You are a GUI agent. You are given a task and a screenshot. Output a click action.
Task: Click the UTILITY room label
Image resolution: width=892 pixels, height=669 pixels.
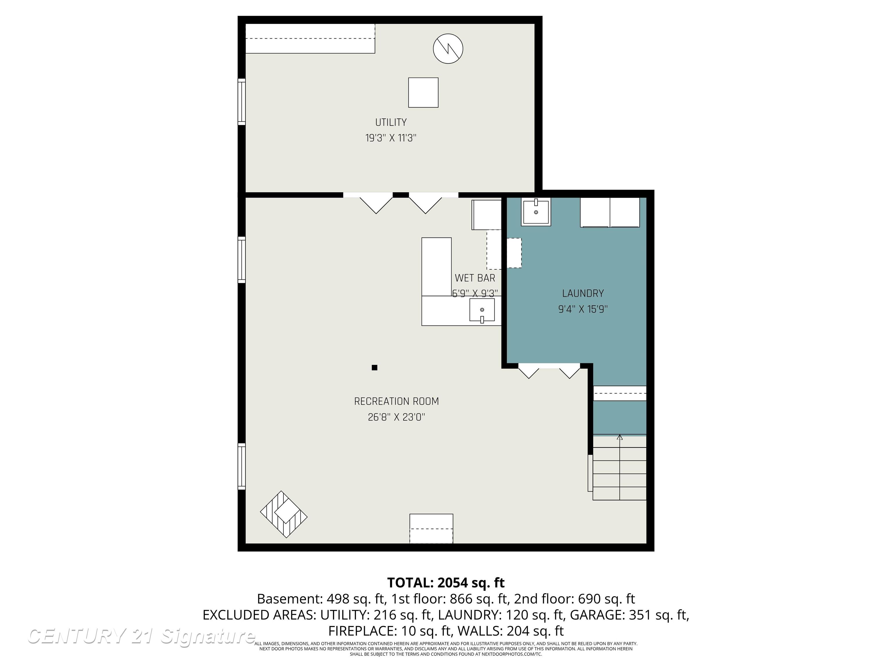(x=391, y=122)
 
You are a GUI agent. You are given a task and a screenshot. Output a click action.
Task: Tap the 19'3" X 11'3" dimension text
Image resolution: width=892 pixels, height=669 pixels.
(x=391, y=138)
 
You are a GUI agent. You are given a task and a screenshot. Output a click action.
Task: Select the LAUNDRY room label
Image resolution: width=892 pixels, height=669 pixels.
(x=583, y=293)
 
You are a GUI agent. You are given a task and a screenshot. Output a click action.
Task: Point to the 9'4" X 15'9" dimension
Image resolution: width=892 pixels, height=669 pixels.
(x=583, y=309)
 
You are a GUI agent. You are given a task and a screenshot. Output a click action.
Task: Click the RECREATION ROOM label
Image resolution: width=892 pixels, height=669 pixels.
(x=396, y=401)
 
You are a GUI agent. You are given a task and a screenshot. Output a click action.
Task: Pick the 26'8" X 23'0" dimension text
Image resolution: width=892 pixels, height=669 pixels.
(x=396, y=417)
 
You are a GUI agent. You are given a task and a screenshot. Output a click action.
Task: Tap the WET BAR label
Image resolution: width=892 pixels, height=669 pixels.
(x=475, y=278)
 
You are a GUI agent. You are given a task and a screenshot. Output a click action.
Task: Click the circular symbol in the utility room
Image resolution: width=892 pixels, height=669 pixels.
(x=448, y=48)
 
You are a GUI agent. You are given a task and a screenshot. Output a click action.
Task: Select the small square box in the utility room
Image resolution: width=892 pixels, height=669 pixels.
(x=423, y=92)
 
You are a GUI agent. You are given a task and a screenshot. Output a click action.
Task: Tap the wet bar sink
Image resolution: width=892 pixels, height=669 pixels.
(x=482, y=310)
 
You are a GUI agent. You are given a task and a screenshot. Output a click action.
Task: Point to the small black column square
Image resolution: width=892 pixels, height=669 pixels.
(x=374, y=367)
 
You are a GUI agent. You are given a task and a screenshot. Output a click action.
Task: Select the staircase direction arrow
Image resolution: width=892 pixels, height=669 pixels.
(x=620, y=437)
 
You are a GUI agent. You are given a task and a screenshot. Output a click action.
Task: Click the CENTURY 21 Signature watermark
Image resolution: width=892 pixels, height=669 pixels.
(x=141, y=636)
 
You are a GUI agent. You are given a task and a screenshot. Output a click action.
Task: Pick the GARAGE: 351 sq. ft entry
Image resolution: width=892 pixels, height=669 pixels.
(x=629, y=615)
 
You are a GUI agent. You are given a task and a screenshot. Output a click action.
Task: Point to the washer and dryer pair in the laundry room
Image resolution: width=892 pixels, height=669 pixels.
(x=610, y=213)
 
